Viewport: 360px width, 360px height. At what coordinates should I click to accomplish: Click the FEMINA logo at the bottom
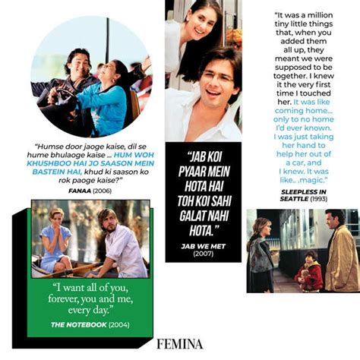pyautogui.click(x=180, y=344)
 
